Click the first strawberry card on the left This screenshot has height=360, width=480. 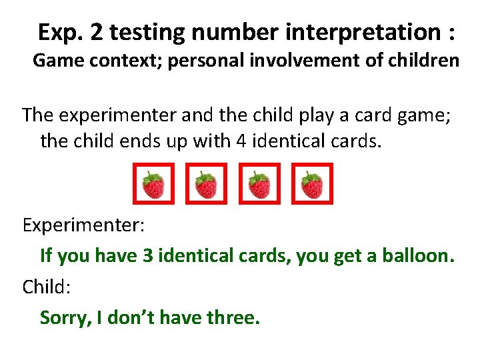(153, 185)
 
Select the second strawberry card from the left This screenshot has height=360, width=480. (206, 185)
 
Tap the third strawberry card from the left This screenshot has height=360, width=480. (259, 185)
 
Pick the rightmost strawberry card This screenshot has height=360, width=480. (311, 185)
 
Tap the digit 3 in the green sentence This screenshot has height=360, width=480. (147, 256)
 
